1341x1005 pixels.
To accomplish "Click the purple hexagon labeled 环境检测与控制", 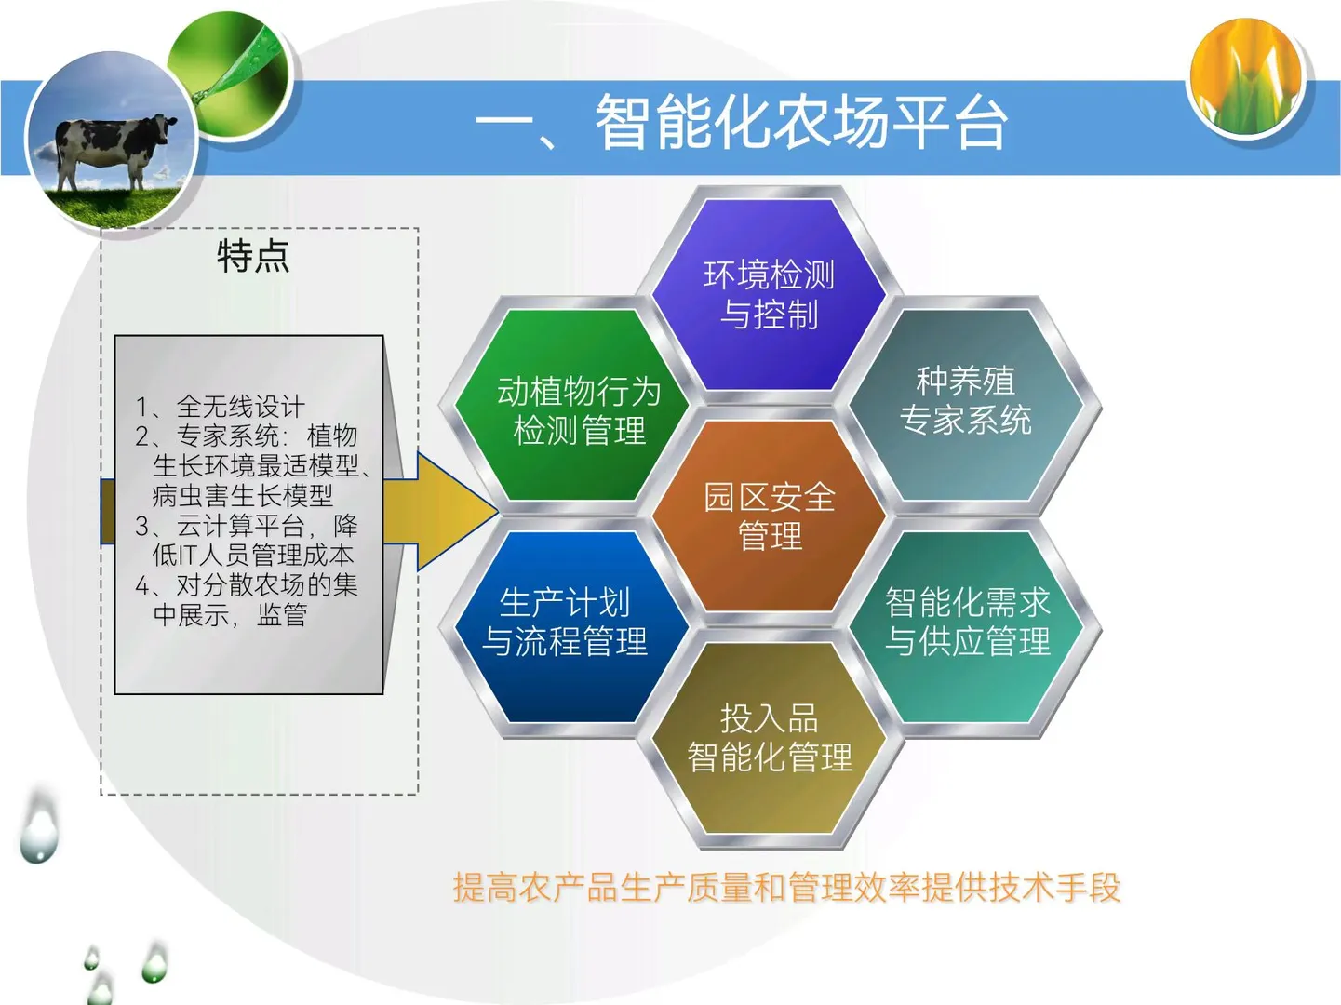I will pyautogui.click(x=769, y=294).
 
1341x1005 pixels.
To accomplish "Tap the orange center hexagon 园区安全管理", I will pyautogui.click(x=769, y=516).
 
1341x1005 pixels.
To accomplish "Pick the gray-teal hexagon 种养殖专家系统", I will pyautogui.click(x=966, y=400).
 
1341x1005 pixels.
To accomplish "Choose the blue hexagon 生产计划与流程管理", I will pyautogui.click(x=565, y=622).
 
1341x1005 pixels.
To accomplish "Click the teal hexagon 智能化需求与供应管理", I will pyautogui.click(x=968, y=622).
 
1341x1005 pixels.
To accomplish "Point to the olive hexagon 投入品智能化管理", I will pyautogui.click(x=769, y=738).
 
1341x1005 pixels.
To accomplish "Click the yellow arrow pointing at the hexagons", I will pyautogui.click(x=447, y=511).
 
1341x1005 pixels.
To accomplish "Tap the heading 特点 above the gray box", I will pyautogui.click(x=253, y=256).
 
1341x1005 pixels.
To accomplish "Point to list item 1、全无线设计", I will pyautogui.click(x=220, y=407).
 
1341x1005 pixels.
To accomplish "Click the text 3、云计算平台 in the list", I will pyautogui.click(x=220, y=526).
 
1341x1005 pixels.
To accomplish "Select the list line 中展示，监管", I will pyautogui.click(x=230, y=615).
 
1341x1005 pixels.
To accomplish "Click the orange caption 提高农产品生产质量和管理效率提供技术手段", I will pyautogui.click(x=786, y=888).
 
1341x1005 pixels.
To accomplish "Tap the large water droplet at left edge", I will pyautogui.click(x=39, y=829).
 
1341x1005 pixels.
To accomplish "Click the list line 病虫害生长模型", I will pyautogui.click(x=242, y=496).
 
